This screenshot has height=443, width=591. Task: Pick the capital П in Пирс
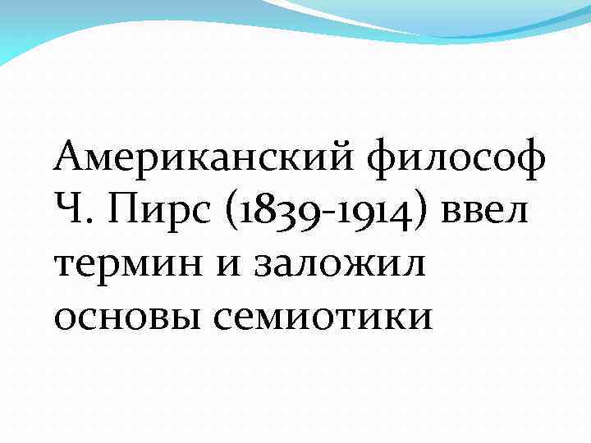120,212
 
